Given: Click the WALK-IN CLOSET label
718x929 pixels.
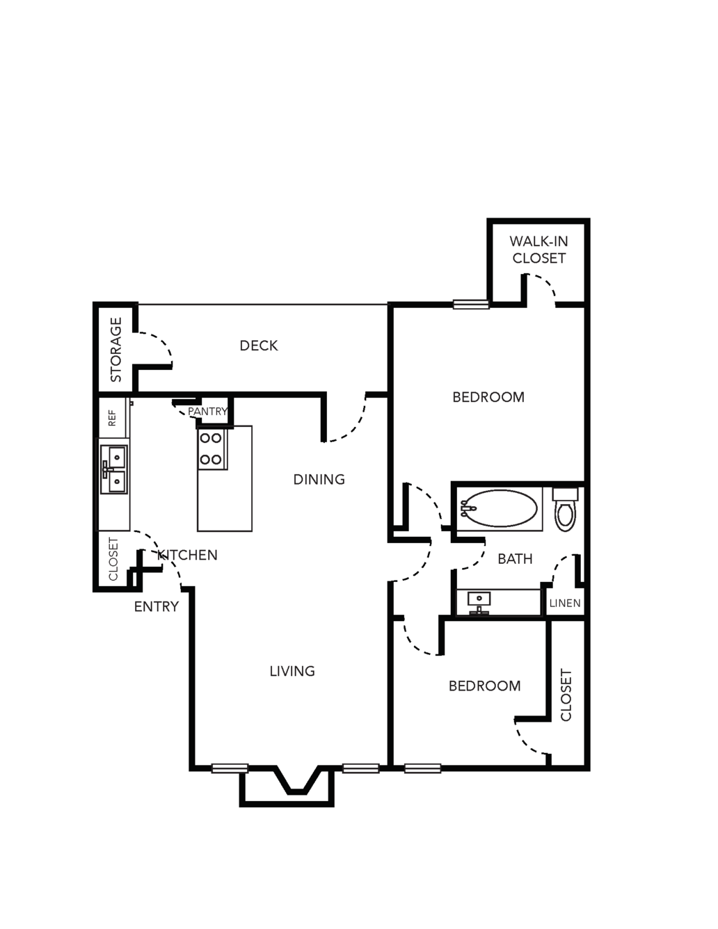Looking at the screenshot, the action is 538,250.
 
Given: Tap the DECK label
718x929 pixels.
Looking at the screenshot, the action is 259,346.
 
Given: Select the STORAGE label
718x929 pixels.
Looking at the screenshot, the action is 116,349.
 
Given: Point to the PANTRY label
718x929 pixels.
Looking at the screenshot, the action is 208,411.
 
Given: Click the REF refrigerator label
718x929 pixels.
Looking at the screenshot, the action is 112,418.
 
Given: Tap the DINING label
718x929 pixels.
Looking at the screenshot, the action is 319,479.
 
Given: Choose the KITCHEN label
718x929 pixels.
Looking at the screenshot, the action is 188,555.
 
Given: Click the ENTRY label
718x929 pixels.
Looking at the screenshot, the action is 156,606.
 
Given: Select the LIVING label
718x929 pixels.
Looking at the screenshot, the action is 292,671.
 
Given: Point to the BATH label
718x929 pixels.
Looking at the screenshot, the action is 515,559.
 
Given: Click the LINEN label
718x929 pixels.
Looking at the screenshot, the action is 565,604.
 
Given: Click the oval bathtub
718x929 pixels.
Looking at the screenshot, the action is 499,508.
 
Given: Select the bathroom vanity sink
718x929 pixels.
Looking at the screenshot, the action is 479,603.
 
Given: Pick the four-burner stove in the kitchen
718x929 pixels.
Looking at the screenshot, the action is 212,449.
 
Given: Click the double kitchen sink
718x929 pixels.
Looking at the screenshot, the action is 113,470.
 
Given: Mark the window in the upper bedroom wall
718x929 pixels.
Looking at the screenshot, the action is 471,304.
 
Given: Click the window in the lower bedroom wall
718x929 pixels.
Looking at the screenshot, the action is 422,768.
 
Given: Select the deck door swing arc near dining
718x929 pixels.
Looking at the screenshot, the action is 355,426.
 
